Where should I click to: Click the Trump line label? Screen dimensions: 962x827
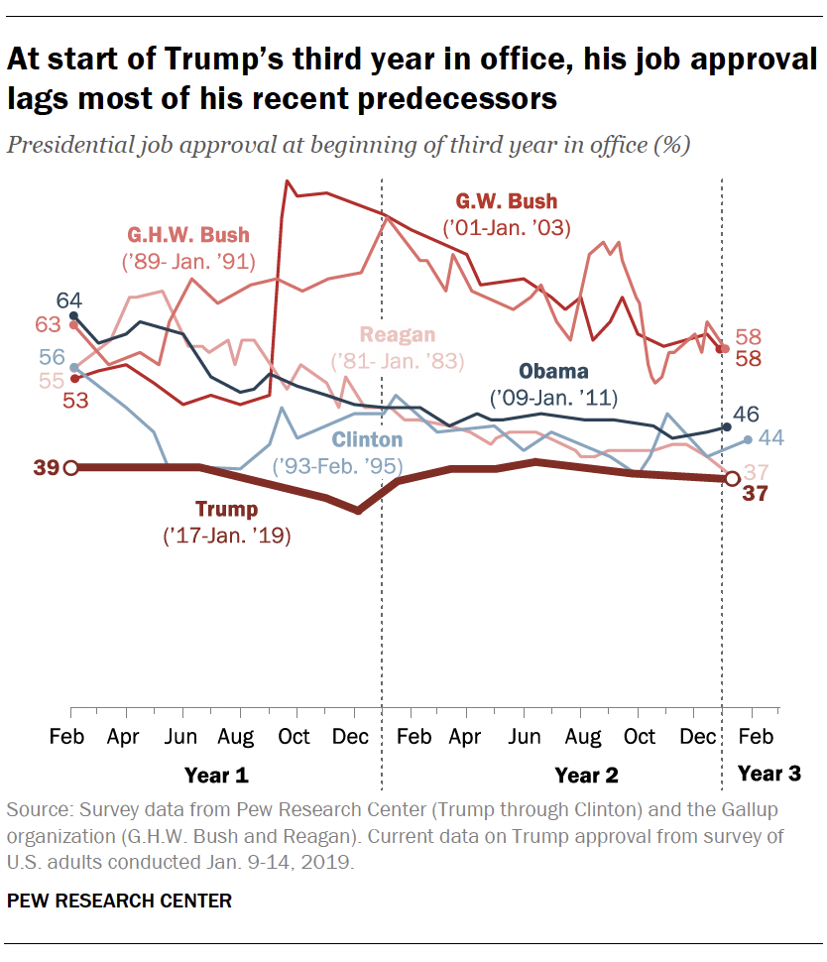click(226, 510)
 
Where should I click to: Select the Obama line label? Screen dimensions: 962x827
click(554, 372)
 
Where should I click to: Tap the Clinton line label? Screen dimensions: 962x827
click(367, 439)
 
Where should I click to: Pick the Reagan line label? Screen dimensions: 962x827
click(398, 334)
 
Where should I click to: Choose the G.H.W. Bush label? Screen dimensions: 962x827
click(187, 235)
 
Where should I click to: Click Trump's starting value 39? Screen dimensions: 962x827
click(46, 467)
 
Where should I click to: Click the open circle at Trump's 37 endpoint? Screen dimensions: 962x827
click(732, 479)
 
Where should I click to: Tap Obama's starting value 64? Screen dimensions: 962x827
click(68, 301)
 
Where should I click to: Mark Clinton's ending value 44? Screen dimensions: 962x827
click(772, 437)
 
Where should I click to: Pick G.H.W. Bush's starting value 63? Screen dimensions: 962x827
click(48, 323)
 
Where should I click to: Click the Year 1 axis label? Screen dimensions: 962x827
click(216, 774)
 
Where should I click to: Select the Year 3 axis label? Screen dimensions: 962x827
click(769, 774)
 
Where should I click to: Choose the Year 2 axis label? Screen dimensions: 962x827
click(586, 774)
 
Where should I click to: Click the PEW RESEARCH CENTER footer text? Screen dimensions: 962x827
click(120, 901)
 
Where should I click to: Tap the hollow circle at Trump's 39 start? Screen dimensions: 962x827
click(70, 467)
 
